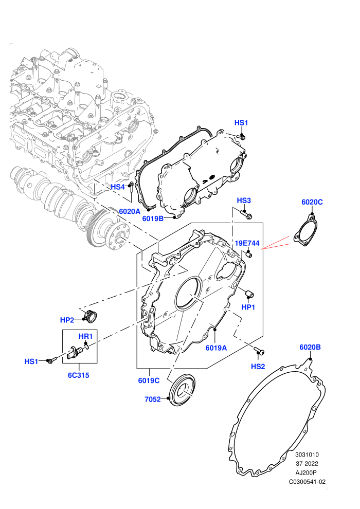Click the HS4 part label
coord(117,187)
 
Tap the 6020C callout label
coord(312,202)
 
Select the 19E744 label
coord(247,243)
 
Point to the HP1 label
coord(248,307)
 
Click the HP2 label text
coord(67,320)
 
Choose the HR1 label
coord(86,336)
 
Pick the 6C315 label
coord(78,375)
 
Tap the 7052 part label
coord(153,399)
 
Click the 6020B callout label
coord(310,347)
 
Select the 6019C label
coord(149,380)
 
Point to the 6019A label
coord(216,348)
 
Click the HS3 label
coord(244,201)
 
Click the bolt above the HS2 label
coord(259,351)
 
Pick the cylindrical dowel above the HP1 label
coord(249,294)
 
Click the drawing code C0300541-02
coord(307,482)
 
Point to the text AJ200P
coord(306,472)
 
